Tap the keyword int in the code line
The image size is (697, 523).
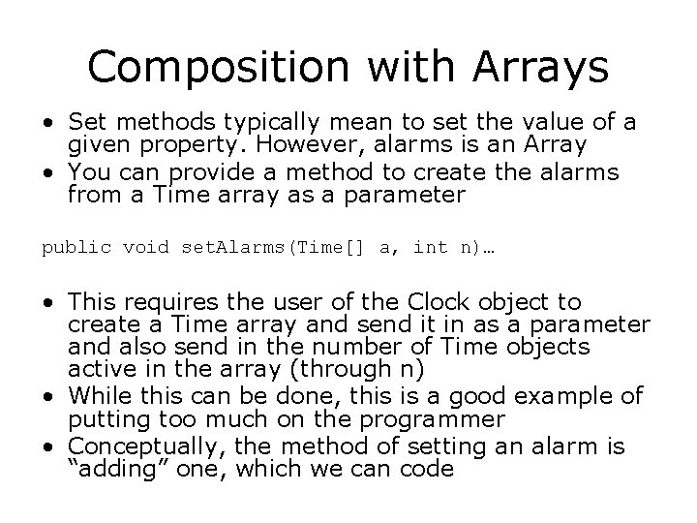(x=429, y=248)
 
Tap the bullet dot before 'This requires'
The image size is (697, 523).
(x=46, y=302)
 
